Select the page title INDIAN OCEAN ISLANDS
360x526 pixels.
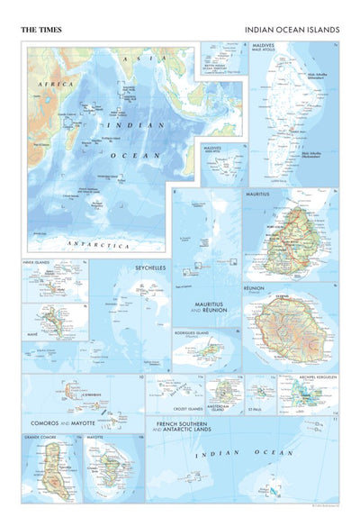292,30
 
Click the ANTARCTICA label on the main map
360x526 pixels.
100,245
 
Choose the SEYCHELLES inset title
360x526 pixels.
150,268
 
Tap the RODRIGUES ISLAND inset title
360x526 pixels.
194,332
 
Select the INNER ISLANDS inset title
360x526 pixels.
38,264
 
